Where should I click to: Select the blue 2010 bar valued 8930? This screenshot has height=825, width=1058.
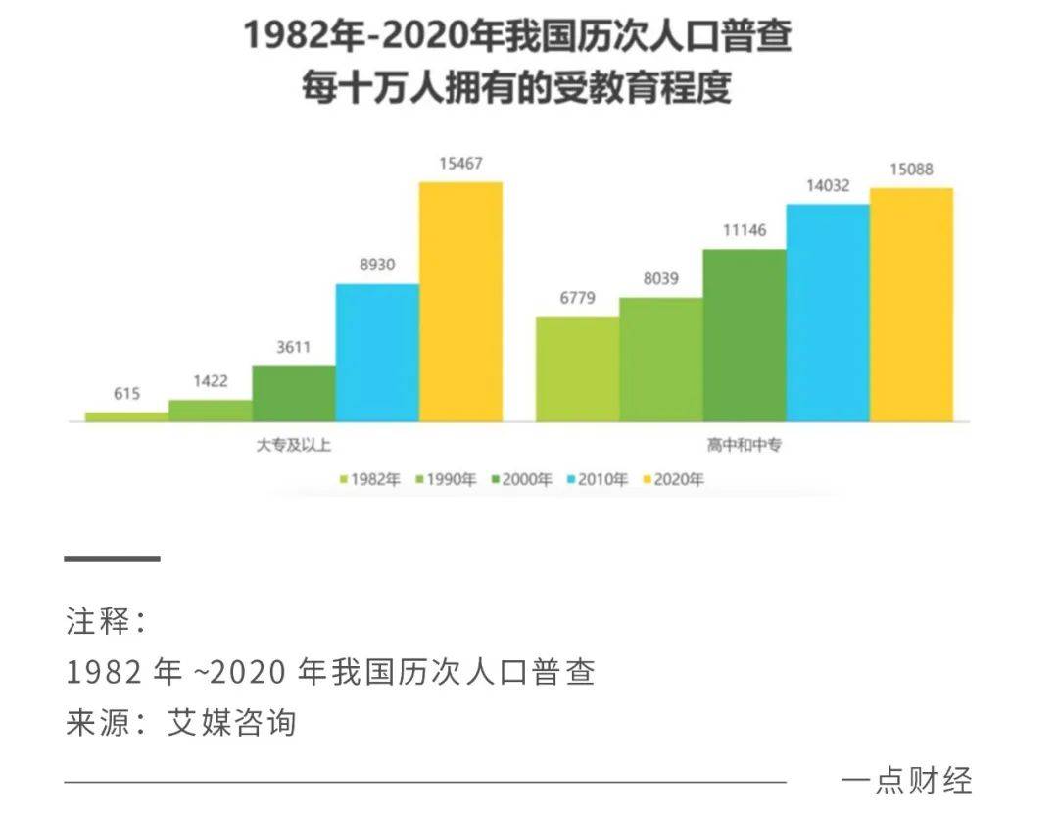377,353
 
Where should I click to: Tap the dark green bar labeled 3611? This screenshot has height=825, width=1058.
294,394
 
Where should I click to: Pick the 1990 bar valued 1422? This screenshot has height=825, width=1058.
210,411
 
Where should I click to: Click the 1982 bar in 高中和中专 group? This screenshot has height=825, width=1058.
577,369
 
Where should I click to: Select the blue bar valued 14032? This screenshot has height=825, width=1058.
828,313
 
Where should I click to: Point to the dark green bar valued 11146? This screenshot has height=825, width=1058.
745,335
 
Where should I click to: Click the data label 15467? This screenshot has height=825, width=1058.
459,164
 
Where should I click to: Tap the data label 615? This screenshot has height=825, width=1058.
126,394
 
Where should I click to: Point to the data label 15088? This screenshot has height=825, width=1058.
910,170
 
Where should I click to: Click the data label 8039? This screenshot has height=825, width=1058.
660,278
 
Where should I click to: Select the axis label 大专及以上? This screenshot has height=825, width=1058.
293,445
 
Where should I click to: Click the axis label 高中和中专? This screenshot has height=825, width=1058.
744,445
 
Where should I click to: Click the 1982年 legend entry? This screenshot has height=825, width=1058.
369,480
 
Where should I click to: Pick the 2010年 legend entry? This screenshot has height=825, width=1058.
597,480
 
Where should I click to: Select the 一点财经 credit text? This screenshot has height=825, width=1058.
906,781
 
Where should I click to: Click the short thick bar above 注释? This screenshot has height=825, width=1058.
112,558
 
